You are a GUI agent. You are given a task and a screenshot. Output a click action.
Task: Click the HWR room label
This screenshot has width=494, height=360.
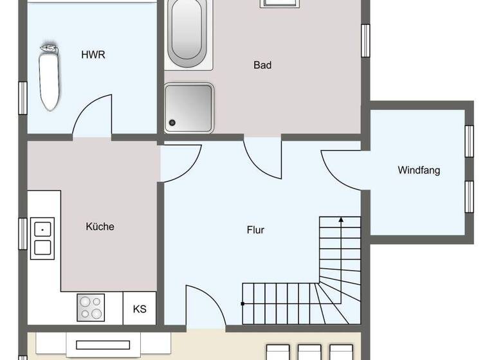click(x=93, y=55)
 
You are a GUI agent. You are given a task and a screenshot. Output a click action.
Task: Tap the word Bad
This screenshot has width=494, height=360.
click(x=262, y=65)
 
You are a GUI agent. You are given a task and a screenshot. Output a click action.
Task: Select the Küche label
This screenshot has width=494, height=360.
click(x=100, y=226)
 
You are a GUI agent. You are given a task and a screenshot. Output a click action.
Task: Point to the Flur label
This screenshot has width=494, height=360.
click(x=255, y=230)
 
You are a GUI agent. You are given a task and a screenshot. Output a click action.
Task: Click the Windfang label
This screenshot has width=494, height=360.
click(x=419, y=170)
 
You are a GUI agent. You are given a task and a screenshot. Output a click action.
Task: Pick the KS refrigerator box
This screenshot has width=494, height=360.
click(x=140, y=309)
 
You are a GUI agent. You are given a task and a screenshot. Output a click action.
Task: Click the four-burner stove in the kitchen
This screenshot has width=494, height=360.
click(x=91, y=307)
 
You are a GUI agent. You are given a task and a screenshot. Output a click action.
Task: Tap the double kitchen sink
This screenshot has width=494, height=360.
click(x=42, y=237)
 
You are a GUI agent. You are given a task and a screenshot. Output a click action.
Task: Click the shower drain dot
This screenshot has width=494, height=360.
click(x=172, y=122)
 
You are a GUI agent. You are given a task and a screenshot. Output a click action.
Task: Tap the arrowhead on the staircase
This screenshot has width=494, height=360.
click(x=341, y=221)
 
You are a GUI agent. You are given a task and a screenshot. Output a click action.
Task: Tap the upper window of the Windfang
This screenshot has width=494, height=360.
click(x=469, y=141)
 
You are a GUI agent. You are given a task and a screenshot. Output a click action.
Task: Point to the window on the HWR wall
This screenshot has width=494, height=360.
click(x=23, y=98)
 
